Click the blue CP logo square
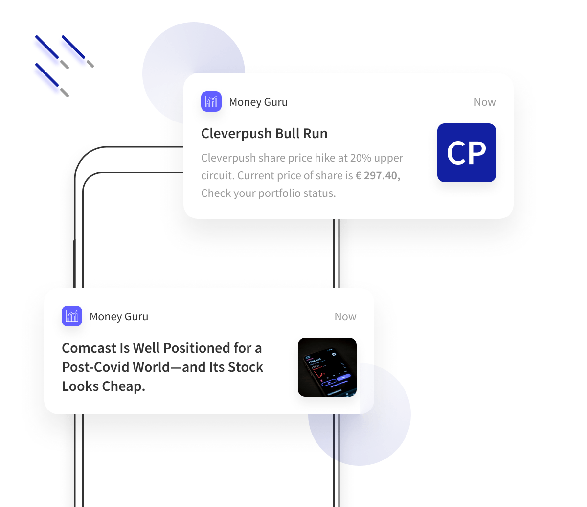[x=466, y=153]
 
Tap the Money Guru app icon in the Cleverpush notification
[x=211, y=101]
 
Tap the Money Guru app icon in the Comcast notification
[x=72, y=316]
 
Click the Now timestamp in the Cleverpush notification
[x=484, y=102]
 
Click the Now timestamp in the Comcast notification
[x=345, y=316]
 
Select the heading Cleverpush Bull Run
[x=264, y=133]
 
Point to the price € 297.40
[x=378, y=176]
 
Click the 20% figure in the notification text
[x=361, y=158]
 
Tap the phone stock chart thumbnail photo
[x=327, y=367]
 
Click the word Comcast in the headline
[x=89, y=348]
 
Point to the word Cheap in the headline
[x=124, y=386]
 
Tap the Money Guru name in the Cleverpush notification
[x=258, y=102]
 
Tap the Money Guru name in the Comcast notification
[x=119, y=316]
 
